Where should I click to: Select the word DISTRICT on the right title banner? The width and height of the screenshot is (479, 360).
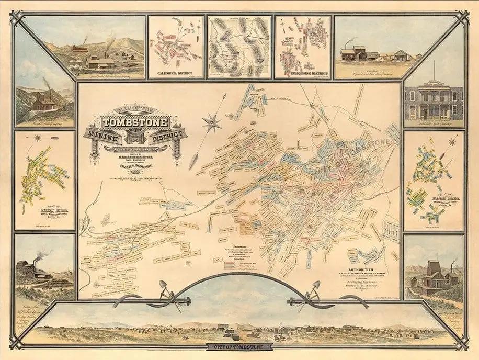click(168, 136)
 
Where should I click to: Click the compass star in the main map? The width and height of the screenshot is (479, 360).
click(212, 122)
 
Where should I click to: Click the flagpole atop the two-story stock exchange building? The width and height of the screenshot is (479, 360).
click(434, 71)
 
